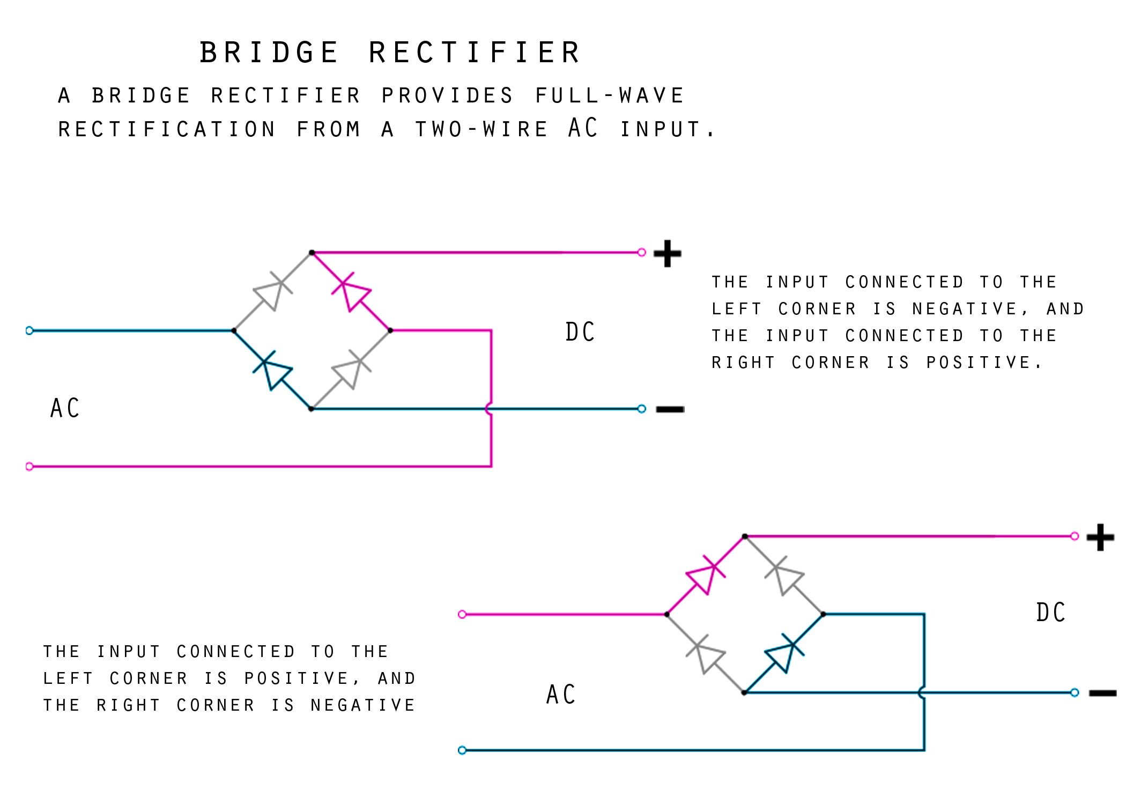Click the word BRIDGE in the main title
[x=269, y=53]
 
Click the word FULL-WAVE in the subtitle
[x=610, y=95]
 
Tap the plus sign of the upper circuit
[x=667, y=253]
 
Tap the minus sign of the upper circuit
[x=670, y=410]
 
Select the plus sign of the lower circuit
[x=1100, y=537]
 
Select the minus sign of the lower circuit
[x=1102, y=694]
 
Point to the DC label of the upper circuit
[x=580, y=332]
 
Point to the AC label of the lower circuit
[x=561, y=695]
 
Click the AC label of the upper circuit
[x=65, y=408]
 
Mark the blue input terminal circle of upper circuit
[x=29, y=330]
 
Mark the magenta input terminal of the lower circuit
[x=462, y=614]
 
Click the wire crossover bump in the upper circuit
[x=488, y=409]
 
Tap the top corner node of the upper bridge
[x=312, y=252]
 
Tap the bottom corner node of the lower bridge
[x=744, y=692]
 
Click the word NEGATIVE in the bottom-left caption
[x=363, y=705]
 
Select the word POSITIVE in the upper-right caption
[x=979, y=363]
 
